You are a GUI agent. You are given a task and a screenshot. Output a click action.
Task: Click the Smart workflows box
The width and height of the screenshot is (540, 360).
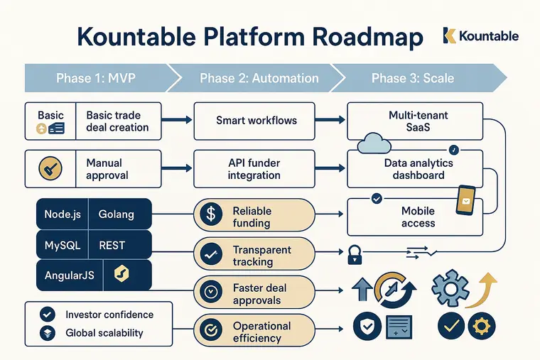click(x=256, y=121)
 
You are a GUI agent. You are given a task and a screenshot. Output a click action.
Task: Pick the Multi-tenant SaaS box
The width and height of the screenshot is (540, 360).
click(x=418, y=121)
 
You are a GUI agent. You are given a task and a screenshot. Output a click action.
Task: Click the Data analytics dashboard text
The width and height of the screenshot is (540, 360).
click(x=418, y=169)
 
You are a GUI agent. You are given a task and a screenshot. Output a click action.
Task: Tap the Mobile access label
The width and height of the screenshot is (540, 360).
click(x=418, y=217)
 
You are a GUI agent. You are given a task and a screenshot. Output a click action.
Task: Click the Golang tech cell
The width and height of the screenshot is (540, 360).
click(x=116, y=214)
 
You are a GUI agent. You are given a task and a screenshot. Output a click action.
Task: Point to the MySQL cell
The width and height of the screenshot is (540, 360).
click(x=62, y=246)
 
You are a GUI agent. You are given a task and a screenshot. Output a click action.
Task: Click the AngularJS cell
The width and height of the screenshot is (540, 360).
click(x=69, y=276)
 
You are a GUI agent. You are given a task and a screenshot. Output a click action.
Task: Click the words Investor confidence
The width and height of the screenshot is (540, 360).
click(x=109, y=315)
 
